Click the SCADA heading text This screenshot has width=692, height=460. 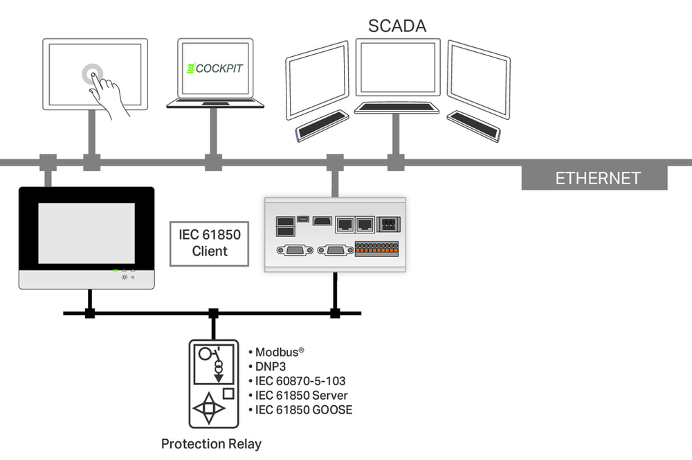click(397, 26)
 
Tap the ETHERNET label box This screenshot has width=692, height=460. click(594, 178)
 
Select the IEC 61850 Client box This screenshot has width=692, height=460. click(209, 243)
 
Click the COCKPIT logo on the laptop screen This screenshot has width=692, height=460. click(215, 68)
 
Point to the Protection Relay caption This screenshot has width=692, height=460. click(211, 443)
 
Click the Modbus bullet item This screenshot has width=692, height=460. click(276, 352)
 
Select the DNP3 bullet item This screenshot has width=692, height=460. click(267, 366)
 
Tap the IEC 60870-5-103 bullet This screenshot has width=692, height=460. click(297, 381)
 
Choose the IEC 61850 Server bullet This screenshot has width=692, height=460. click(298, 396)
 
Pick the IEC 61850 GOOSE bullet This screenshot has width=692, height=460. click(300, 410)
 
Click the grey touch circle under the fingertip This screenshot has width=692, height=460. click(92, 74)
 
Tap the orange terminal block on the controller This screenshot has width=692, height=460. click(377, 249)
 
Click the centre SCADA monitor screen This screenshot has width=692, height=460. click(398, 67)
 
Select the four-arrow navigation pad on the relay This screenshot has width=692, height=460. click(209, 408)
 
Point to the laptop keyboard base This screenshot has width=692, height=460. click(215, 103)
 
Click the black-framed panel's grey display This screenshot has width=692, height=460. click(86, 233)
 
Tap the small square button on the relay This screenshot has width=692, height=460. click(228, 393)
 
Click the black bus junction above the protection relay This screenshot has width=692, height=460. click(214, 313)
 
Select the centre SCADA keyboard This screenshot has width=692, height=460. click(397, 107)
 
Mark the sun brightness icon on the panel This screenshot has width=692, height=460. click(125, 277)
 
